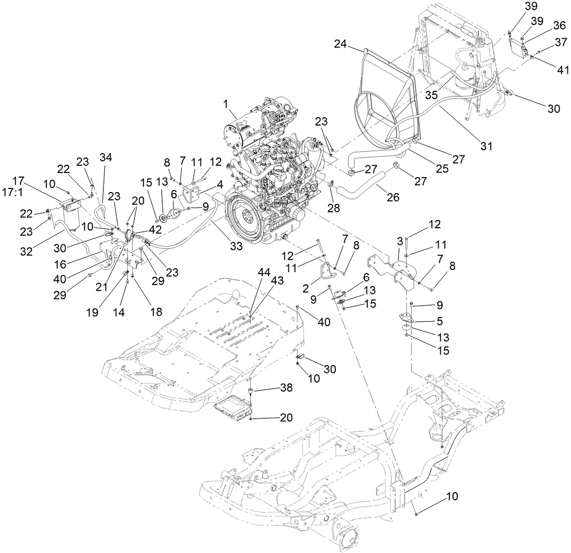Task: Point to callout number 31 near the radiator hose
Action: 486,147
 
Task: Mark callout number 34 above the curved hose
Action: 105,157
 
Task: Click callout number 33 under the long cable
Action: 237,247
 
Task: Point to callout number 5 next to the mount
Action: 439,320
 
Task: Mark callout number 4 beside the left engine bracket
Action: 219,183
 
